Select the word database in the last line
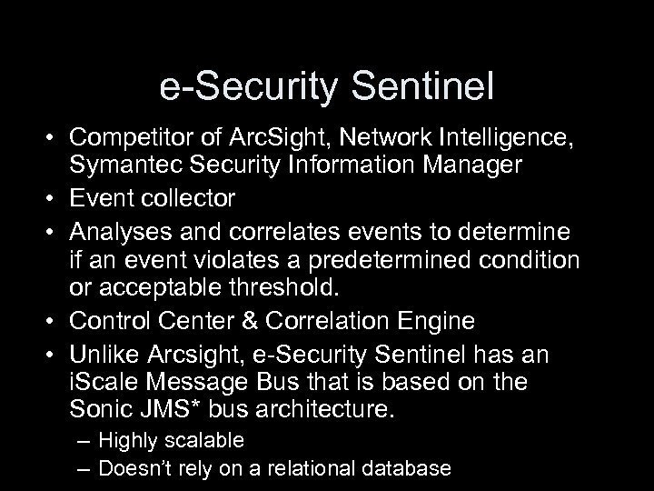tap(408, 468)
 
